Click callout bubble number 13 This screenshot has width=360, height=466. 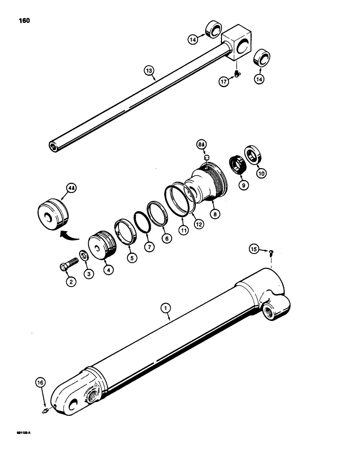[149, 71]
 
